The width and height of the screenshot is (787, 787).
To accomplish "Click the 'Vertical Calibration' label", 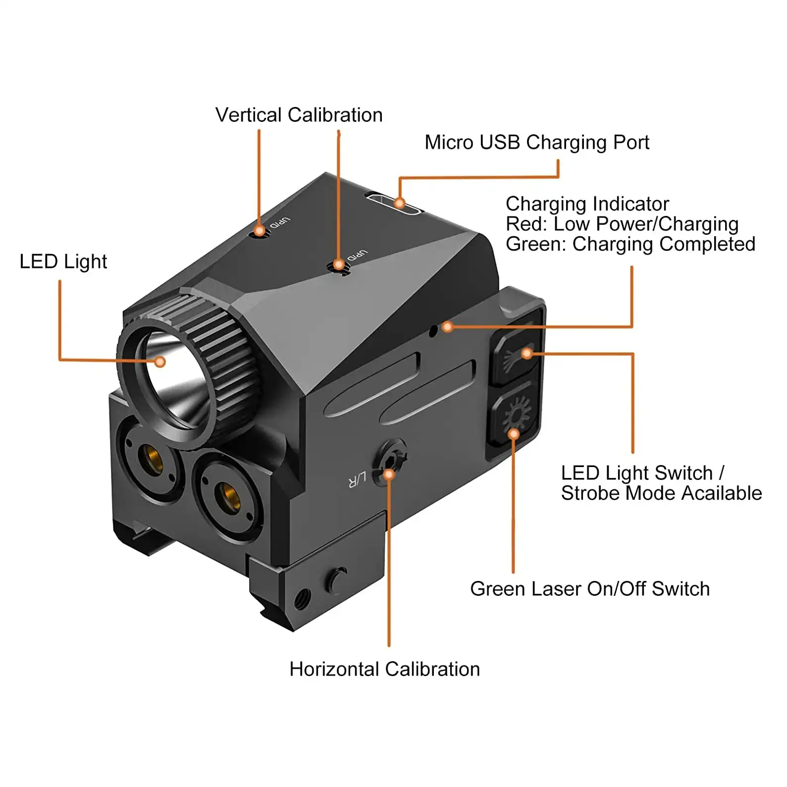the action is [299, 115].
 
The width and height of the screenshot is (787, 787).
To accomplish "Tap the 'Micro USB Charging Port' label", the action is [536, 143].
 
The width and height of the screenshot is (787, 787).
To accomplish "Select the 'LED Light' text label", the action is [63, 262].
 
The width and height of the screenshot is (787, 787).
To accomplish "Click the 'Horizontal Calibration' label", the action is [384, 669].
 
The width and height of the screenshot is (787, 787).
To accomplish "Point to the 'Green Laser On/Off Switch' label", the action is [589, 589].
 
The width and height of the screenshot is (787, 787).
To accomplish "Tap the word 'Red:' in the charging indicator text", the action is [526, 224].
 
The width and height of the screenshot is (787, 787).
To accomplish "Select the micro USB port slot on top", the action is [393, 204].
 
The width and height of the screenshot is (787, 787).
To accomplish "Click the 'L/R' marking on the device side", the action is [357, 479].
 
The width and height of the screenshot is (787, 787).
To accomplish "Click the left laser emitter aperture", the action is [150, 458].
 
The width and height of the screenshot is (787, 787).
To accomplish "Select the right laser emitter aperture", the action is [228, 495].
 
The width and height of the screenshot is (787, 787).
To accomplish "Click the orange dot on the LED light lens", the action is [159, 362].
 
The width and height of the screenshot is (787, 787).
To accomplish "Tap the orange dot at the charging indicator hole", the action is [447, 326].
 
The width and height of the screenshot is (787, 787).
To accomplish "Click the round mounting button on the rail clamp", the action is [337, 580].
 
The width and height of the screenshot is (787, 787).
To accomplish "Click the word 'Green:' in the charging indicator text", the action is [536, 245].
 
